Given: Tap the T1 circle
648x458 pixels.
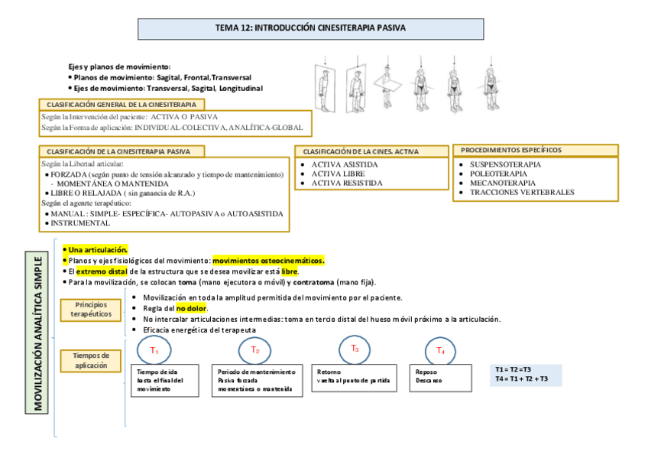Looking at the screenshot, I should click(x=154, y=350).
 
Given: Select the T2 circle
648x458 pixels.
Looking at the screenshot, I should click(x=255, y=349).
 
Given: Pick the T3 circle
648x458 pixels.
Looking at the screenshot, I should click(x=355, y=349).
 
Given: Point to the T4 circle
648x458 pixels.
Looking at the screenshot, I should click(x=440, y=350).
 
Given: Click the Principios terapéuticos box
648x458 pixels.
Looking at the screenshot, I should click(x=90, y=310).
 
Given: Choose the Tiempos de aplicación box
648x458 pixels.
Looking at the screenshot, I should click(x=90, y=360).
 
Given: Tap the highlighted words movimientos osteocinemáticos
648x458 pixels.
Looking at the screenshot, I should click(x=268, y=260).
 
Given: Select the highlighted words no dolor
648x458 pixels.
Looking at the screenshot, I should click(x=192, y=308).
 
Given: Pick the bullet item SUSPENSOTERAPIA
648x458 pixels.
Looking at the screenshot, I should click(x=504, y=164).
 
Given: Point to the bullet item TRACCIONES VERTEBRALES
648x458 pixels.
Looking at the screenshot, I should click(x=522, y=192).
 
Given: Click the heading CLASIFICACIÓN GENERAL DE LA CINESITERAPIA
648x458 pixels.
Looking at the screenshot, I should click(x=122, y=104).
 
